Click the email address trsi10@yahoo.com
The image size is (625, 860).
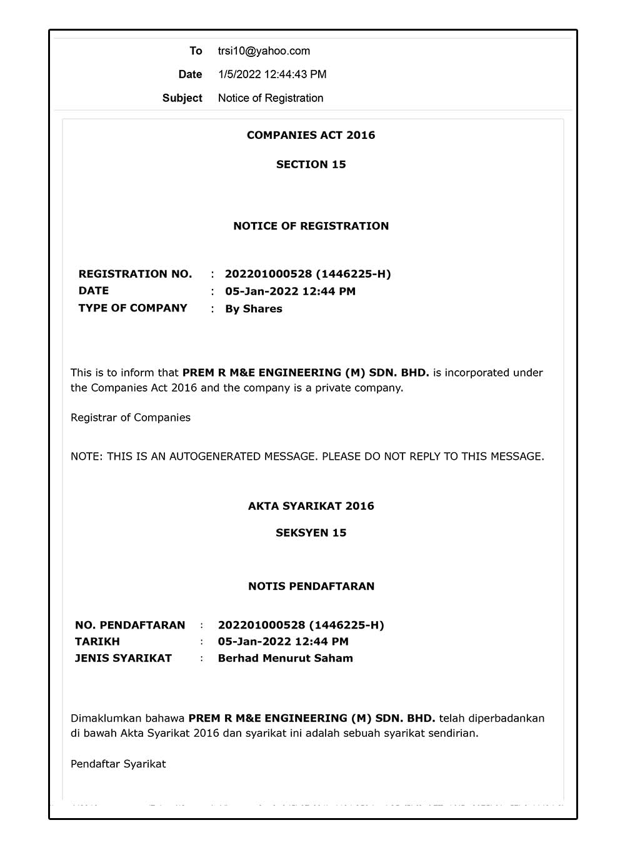coord(264,51)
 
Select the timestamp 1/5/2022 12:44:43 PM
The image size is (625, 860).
coord(272,74)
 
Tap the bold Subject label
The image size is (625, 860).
coord(182,98)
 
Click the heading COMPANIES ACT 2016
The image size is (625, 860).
coord(311,135)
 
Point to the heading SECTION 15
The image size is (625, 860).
coord(311,164)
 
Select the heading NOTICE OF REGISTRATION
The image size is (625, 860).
coord(311,226)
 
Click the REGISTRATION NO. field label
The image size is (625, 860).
coord(135,274)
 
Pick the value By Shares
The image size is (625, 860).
coord(253,309)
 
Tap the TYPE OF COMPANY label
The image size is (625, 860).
coord(132,308)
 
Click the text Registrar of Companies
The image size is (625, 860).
coord(130,417)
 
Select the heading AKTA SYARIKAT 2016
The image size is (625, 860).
coord(311,506)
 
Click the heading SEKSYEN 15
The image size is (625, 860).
coord(311,533)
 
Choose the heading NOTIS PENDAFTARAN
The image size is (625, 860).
coord(311,586)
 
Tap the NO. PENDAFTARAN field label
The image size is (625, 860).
coord(130,625)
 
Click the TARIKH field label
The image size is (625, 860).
coord(97,641)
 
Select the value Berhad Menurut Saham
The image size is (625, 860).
coord(285,658)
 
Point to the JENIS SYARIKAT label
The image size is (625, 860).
coord(123,658)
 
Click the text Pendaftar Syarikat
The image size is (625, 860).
coord(118,764)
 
